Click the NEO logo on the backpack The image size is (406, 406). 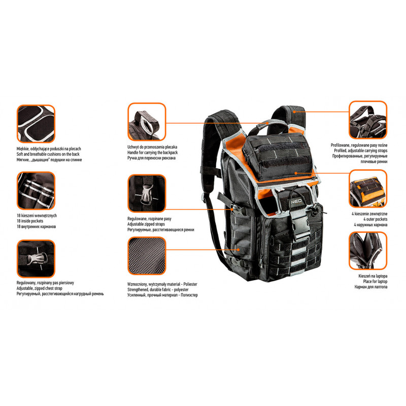(296, 201)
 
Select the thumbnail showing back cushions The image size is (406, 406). (36, 123)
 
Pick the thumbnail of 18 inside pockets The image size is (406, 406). (36, 191)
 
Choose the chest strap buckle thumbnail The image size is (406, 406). (36, 259)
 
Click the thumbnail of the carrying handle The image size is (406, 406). (147, 122)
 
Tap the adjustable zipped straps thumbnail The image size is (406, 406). (147, 193)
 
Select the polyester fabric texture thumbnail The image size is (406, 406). (147, 256)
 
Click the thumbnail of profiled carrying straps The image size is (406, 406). (368, 120)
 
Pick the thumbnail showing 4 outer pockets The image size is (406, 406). (368, 189)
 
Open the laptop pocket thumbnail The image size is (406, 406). (368, 251)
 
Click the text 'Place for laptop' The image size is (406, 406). (375, 282)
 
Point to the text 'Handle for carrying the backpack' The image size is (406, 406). (153, 153)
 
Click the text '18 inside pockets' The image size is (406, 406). (30, 221)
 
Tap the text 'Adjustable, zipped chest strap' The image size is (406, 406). (40, 288)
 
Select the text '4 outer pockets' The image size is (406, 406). (375, 219)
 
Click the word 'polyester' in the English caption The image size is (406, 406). (181, 290)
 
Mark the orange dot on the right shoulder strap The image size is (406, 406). (294, 112)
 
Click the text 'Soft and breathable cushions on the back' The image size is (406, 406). (48, 154)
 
